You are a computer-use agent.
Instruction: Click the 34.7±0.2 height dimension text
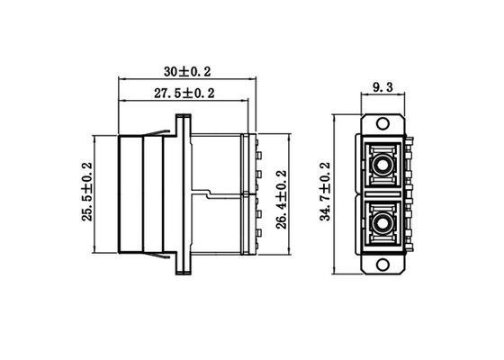point(326,192)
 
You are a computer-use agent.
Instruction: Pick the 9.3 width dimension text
point(382,88)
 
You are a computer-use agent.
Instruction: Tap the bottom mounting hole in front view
point(382,263)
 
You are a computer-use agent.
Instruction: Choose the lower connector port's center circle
point(383,220)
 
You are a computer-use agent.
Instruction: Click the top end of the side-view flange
point(184,117)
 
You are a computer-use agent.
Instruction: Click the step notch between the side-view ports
point(206,193)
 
